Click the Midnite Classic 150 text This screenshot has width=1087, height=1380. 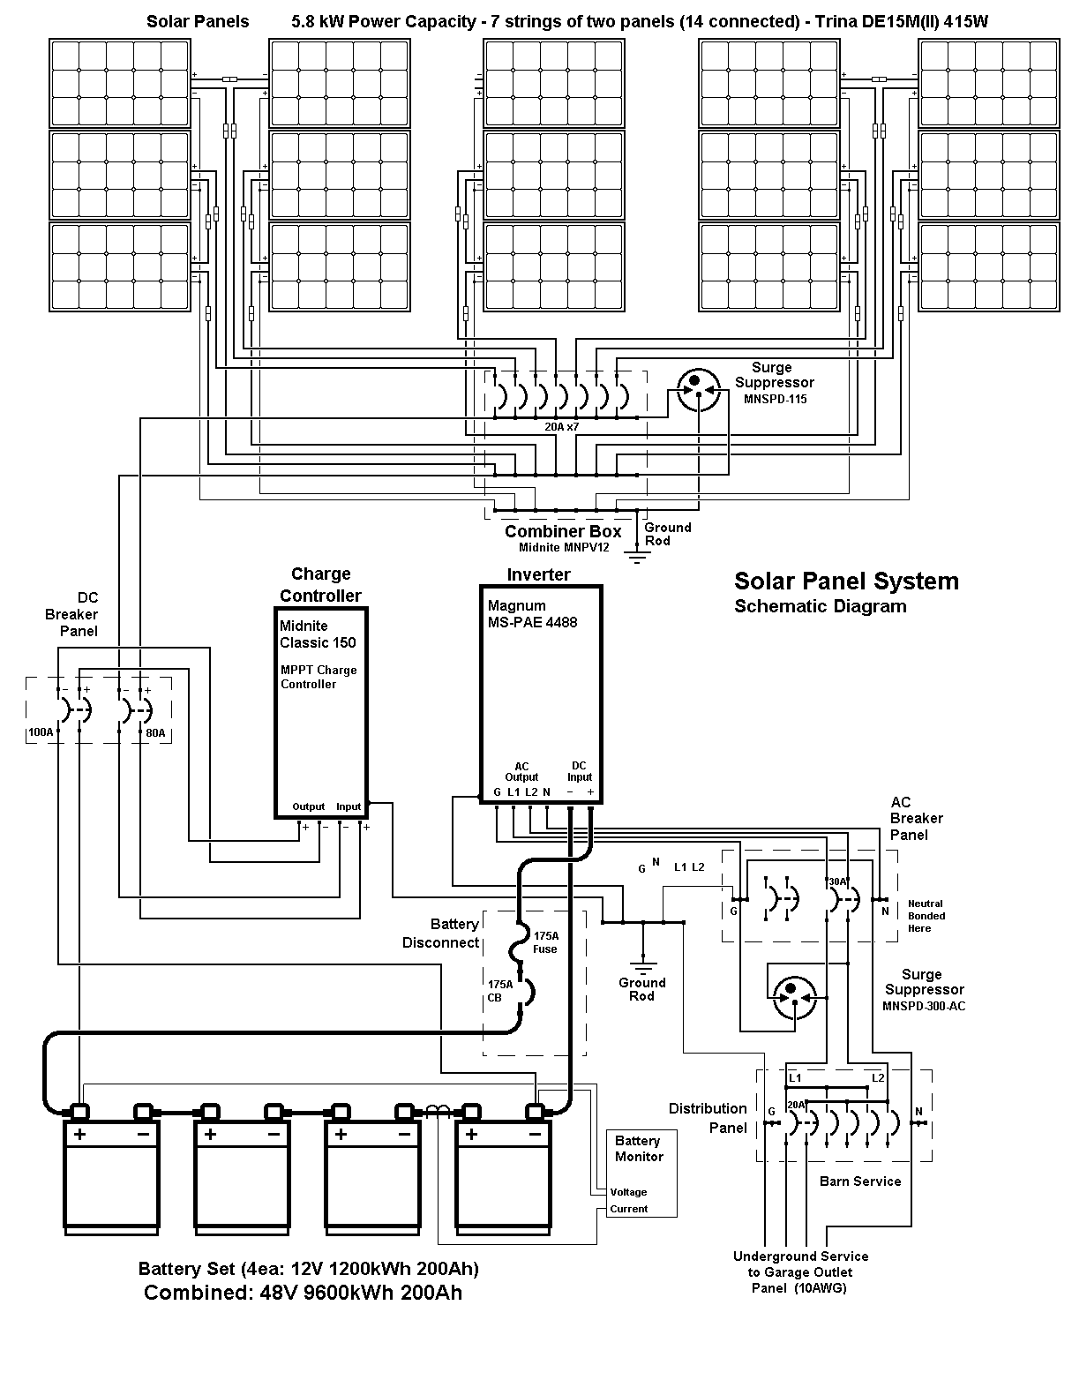click(x=318, y=634)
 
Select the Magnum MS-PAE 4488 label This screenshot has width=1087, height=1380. click(x=532, y=614)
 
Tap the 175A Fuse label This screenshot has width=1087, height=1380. click(x=546, y=942)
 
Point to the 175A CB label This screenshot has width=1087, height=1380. click(x=500, y=991)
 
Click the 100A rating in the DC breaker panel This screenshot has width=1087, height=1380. click(x=41, y=732)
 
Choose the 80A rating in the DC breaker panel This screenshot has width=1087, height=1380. click(x=155, y=733)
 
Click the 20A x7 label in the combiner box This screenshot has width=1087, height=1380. click(x=562, y=426)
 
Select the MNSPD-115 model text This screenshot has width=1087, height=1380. click(x=776, y=399)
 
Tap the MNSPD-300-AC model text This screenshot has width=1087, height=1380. click(x=924, y=1006)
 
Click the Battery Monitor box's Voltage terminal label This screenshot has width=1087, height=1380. click(x=628, y=1192)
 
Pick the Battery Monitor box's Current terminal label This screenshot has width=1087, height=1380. click(x=628, y=1209)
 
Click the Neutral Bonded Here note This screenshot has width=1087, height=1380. click(x=926, y=916)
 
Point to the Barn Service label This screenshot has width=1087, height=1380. click(x=860, y=1181)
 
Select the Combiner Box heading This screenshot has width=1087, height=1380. click(x=563, y=531)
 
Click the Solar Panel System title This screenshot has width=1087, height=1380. click(x=846, y=581)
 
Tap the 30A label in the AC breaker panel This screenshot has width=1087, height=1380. click(x=838, y=881)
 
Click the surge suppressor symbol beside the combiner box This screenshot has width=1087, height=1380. click(x=699, y=390)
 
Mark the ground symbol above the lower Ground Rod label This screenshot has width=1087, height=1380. click(x=643, y=966)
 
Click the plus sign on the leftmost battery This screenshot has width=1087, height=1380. click(x=79, y=1134)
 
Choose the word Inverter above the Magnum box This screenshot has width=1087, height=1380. click(x=539, y=574)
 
